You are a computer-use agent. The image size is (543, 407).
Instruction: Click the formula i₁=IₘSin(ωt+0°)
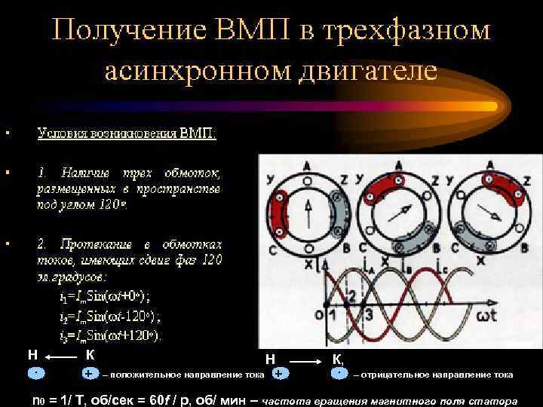point(110,296)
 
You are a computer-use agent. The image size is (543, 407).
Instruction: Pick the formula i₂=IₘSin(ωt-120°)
point(110,316)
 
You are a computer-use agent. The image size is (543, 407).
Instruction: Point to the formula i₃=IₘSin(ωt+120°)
point(110,335)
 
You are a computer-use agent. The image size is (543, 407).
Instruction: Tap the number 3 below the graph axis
point(369,314)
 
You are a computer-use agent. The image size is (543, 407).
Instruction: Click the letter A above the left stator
point(307,165)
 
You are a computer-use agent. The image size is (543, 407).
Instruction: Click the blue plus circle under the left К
point(89,374)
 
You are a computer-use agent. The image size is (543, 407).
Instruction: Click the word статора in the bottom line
point(491,400)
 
